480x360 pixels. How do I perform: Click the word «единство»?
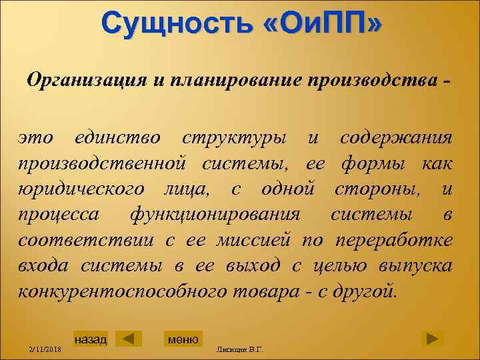coord(117,139)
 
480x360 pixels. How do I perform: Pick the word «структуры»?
coord(234,139)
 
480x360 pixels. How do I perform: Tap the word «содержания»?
coord(396,139)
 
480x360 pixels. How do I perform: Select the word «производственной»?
coord(99,164)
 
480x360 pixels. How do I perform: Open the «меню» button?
coord(183,339)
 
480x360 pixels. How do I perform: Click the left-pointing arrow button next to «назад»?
coord(128,339)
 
